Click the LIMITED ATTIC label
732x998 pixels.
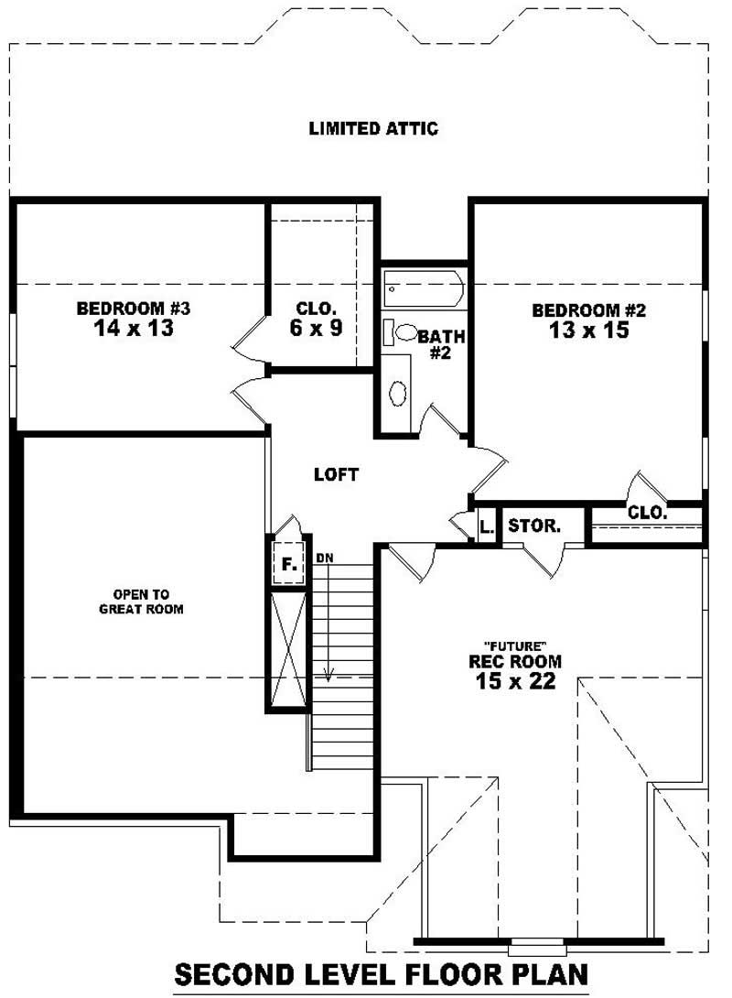click(373, 128)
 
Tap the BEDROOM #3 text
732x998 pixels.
click(133, 309)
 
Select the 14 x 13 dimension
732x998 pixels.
click(133, 329)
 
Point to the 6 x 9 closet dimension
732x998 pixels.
click(317, 328)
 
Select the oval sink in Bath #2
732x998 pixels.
click(398, 394)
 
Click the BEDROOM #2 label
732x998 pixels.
click(588, 311)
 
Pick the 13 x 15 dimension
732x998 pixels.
click(589, 331)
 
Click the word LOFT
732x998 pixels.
click(336, 474)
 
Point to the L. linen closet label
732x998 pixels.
click(486, 526)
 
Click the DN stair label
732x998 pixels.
click(324, 557)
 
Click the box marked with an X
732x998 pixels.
click(287, 649)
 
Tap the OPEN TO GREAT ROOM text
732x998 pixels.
click(141, 601)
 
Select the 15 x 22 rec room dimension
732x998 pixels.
click(515, 681)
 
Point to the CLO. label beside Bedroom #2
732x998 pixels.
click(647, 514)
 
